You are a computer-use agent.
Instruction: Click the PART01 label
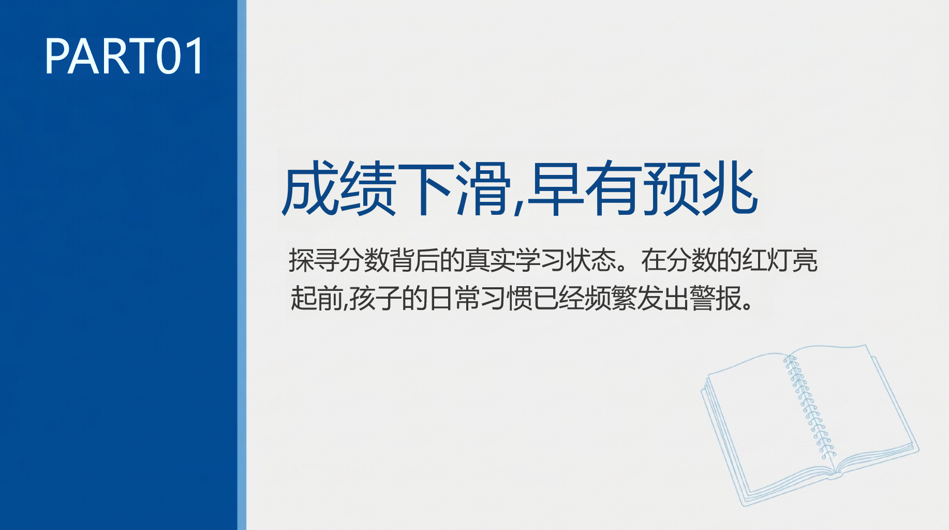click(124, 56)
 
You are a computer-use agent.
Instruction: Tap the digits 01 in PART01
click(180, 56)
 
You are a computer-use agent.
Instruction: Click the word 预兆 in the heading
click(700, 188)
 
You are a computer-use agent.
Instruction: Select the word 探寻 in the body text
click(314, 260)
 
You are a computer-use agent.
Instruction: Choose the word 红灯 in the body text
click(767, 260)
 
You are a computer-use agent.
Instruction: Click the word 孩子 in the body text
click(375, 299)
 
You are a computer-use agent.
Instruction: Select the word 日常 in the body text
click(454, 299)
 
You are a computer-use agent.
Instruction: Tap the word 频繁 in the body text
click(611, 299)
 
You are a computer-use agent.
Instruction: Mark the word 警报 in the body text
click(716, 299)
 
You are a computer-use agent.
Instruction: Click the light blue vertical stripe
click(242, 265)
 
